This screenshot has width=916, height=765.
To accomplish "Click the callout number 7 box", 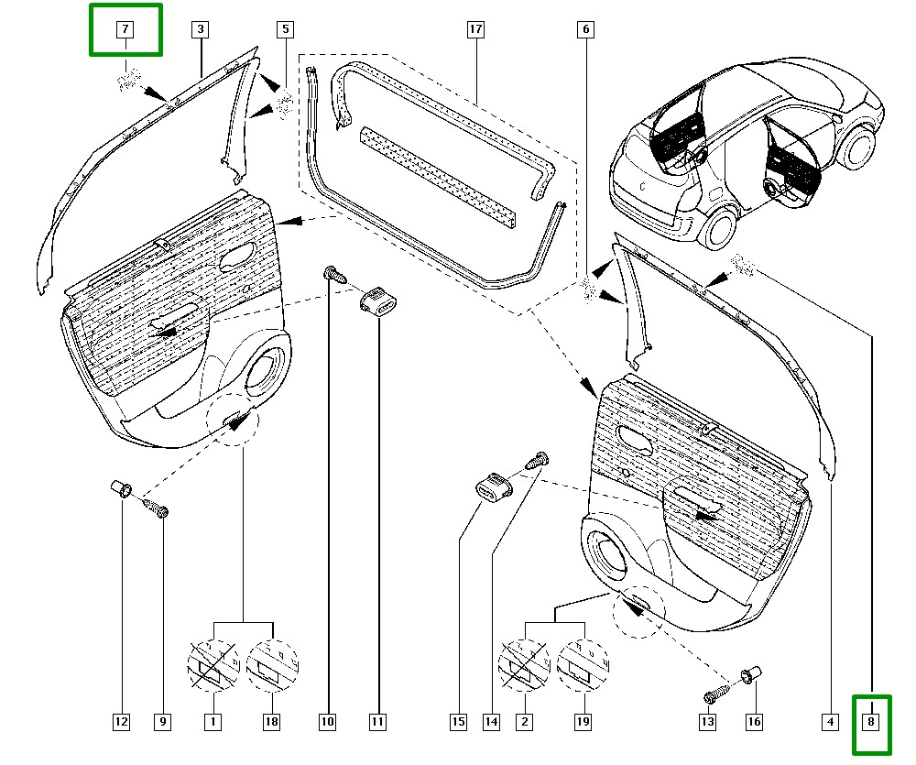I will (x=125, y=29).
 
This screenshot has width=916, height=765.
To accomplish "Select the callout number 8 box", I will (x=872, y=723).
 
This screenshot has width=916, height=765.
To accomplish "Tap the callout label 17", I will (x=474, y=29).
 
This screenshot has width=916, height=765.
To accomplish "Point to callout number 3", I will (x=199, y=29).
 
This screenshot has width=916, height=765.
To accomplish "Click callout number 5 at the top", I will (x=286, y=29).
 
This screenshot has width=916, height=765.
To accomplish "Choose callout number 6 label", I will (x=584, y=29).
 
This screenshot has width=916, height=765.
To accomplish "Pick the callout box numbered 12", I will (x=121, y=722).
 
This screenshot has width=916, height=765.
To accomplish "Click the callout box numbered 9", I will (x=162, y=722).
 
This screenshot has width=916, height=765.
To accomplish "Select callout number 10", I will (x=327, y=722).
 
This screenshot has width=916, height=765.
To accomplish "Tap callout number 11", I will (x=377, y=722).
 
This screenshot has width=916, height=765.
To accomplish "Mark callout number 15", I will (x=458, y=722).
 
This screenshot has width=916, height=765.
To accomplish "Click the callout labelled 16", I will (x=754, y=722).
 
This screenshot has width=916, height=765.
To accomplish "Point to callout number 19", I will (x=583, y=722).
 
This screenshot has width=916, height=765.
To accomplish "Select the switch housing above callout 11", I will (x=376, y=301).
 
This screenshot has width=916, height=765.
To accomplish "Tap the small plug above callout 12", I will (x=120, y=487).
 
